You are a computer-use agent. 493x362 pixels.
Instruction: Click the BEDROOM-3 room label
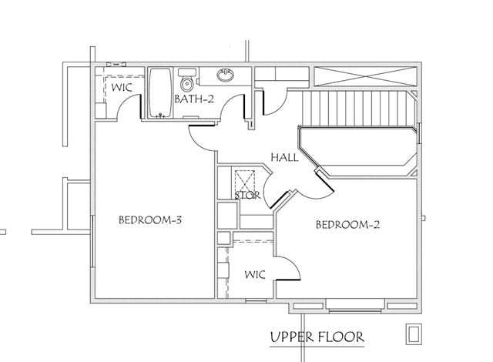(x=150, y=220)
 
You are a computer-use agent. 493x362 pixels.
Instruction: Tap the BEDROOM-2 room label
(x=347, y=225)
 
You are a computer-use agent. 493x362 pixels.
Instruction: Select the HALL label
(x=284, y=157)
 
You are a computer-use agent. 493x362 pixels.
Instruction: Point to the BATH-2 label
(x=194, y=99)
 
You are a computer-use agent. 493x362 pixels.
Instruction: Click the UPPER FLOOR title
(x=317, y=337)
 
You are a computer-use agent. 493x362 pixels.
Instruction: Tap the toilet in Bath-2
(x=187, y=80)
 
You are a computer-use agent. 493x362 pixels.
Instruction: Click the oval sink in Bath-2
(x=226, y=75)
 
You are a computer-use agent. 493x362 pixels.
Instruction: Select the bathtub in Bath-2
(x=160, y=92)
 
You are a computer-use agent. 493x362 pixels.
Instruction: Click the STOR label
(x=248, y=195)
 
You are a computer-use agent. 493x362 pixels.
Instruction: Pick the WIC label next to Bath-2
(x=122, y=87)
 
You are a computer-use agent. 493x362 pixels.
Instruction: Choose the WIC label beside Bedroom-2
(x=255, y=274)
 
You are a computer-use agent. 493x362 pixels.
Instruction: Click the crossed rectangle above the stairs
(x=365, y=76)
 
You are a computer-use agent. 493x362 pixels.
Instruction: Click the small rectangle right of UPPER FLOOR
(x=414, y=334)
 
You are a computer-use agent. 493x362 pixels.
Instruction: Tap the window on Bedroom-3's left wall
(x=92, y=241)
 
